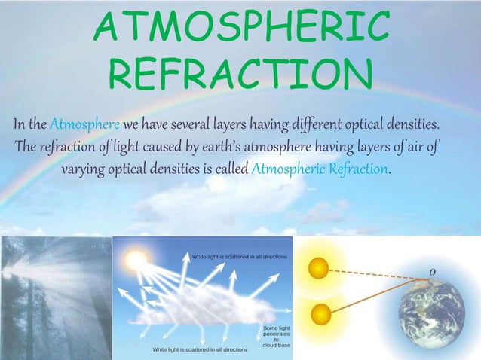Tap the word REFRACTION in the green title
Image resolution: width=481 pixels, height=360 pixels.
(x=241, y=73)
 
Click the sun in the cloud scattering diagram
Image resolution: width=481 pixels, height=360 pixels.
(x=136, y=262)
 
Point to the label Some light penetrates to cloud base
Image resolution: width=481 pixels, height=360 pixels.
(x=274, y=337)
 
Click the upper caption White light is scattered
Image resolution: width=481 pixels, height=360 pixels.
(x=240, y=257)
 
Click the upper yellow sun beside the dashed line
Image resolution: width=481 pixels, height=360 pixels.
(x=319, y=267)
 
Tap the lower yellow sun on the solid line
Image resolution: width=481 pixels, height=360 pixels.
(x=320, y=311)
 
